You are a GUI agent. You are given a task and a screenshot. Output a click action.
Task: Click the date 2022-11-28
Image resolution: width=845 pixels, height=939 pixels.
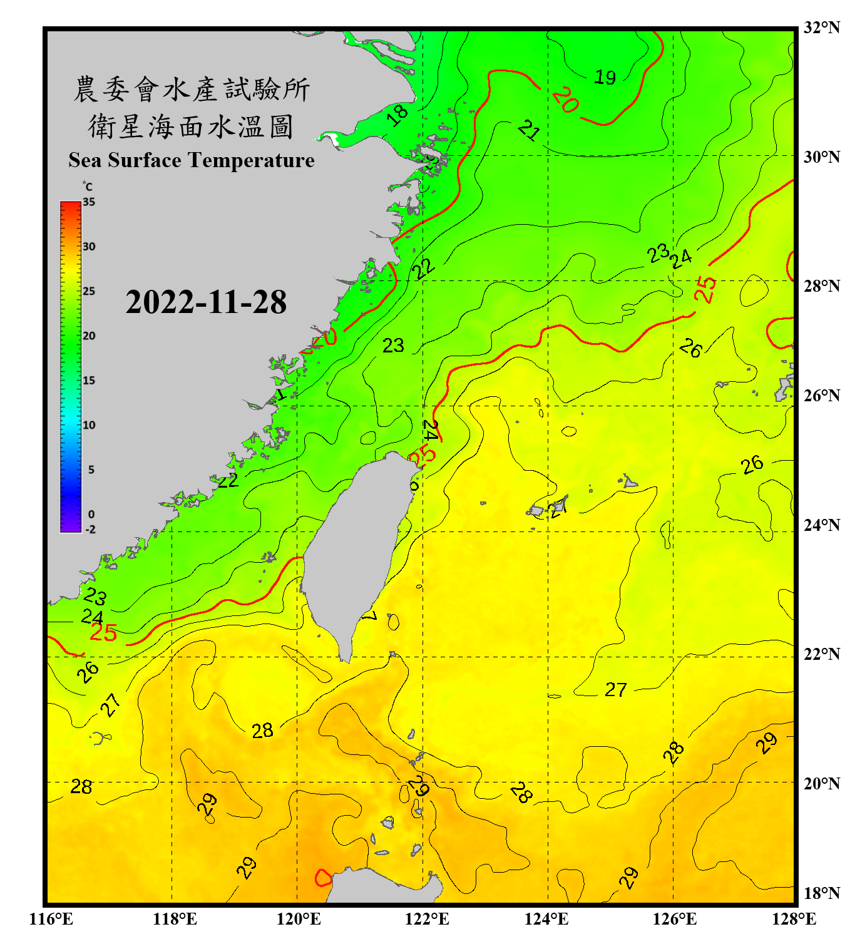pyautogui.click(x=206, y=302)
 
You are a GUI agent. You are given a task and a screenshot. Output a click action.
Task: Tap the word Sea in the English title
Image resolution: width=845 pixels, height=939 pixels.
pyautogui.click(x=85, y=160)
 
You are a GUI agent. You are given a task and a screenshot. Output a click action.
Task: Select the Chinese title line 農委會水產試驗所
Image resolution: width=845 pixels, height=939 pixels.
pyautogui.click(x=192, y=90)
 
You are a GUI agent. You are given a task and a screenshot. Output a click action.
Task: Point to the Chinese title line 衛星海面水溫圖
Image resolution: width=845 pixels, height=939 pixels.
pyautogui.click(x=191, y=127)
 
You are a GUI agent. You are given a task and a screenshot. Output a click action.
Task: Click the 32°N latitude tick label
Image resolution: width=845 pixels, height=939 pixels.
pyautogui.click(x=821, y=28)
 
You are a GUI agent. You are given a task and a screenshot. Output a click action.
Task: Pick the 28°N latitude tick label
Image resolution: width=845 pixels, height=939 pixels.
pyautogui.click(x=821, y=286)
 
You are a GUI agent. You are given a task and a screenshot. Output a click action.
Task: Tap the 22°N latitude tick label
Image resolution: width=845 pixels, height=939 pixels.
pyautogui.click(x=821, y=654)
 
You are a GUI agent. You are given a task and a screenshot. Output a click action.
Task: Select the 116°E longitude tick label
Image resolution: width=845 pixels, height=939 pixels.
pyautogui.click(x=51, y=919)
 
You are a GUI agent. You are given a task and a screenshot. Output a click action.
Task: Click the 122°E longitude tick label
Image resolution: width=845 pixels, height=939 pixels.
pyautogui.click(x=427, y=919)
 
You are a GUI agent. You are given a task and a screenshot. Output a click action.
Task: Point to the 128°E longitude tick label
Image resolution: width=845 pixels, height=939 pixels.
pyautogui.click(x=794, y=919)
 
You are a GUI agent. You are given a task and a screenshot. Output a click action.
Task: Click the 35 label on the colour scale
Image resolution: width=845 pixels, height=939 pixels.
pyautogui.click(x=89, y=202)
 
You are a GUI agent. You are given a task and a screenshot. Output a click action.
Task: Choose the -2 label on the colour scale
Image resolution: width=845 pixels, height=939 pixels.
pyautogui.click(x=90, y=530)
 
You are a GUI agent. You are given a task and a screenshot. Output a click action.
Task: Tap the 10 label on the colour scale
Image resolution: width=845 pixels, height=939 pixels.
pyautogui.click(x=89, y=425)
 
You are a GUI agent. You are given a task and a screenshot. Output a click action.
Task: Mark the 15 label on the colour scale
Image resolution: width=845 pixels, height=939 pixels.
pyautogui.click(x=89, y=381)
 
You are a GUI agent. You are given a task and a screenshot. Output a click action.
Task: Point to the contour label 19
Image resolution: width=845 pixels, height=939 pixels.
pyautogui.click(x=605, y=78)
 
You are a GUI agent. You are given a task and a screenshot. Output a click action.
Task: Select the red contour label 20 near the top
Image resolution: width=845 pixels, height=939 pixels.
pyautogui.click(x=565, y=100)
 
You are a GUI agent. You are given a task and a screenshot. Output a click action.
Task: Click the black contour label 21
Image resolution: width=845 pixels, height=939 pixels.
pyautogui.click(x=529, y=130)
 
